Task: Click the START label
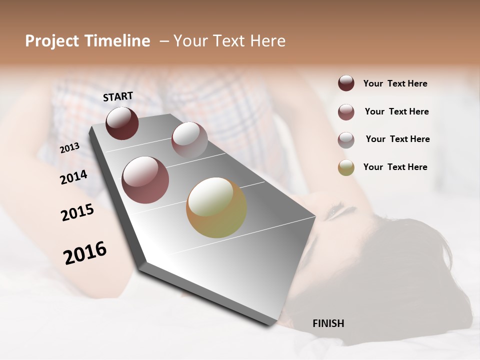118,96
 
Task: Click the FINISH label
328,323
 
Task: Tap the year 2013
69,147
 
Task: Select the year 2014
73,177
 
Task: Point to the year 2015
77,212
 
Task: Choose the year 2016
85,253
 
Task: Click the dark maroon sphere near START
122,123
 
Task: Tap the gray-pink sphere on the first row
189,140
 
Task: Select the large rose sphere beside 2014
145,180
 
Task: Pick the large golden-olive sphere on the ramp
216,207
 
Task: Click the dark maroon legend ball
346,83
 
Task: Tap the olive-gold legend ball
346,167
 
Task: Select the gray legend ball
346,140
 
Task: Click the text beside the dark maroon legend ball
395,83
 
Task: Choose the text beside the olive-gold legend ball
395,167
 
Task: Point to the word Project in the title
52,41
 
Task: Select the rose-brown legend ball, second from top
346,112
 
